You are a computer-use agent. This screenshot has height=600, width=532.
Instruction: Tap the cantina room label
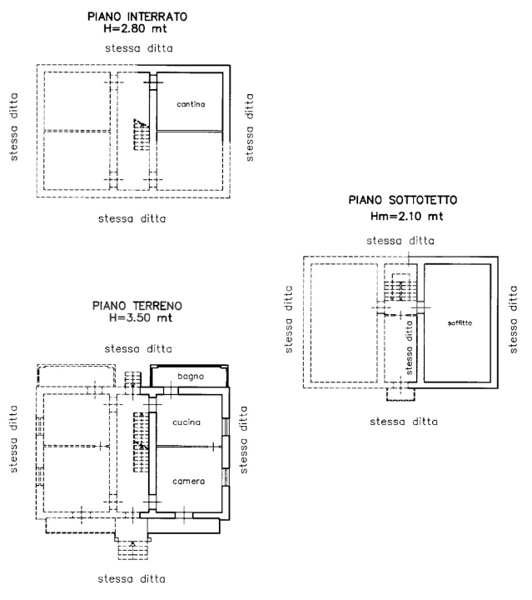coord(191,103)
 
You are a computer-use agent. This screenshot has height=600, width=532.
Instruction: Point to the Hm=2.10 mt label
coord(405,216)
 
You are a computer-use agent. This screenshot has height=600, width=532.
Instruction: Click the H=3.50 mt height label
coord(137,318)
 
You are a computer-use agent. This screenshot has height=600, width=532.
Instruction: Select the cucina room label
coord(186,422)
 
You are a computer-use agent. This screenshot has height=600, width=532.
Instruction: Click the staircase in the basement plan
coord(143,133)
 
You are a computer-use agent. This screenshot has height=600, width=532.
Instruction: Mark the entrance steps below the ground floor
coord(133,548)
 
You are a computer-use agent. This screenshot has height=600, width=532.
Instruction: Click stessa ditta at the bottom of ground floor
coord(132,578)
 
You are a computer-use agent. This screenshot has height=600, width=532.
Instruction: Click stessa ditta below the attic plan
coord(404,421)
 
